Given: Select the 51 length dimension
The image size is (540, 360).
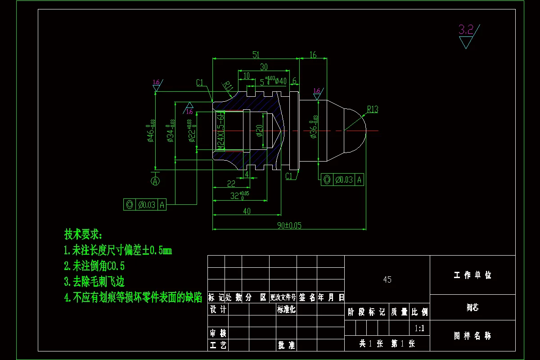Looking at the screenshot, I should tap(256, 55).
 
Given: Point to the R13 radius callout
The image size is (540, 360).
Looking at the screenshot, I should tap(373, 109).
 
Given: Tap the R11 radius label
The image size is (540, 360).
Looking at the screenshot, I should tap(228, 86).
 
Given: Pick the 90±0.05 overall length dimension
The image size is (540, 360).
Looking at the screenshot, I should tap(289, 225).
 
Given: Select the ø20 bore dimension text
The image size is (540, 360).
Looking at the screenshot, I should tap(259, 130).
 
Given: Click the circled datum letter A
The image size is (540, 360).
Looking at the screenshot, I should tap(156, 181).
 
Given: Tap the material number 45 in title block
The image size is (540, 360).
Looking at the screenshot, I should tap(387, 279).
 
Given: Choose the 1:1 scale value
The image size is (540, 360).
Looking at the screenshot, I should tap(419, 328).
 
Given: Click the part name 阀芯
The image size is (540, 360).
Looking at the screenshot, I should tap(472, 308).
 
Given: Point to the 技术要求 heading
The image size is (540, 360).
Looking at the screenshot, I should tap(83, 234).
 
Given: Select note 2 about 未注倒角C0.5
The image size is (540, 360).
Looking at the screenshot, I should tap(94, 265).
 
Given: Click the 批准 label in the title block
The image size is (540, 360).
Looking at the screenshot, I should tap(286, 345).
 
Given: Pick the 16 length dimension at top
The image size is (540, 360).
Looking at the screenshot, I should tap(313, 55).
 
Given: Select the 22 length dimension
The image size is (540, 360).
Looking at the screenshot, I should tap(231, 183).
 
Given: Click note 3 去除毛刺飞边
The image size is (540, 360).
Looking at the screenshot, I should tap(94, 282).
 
